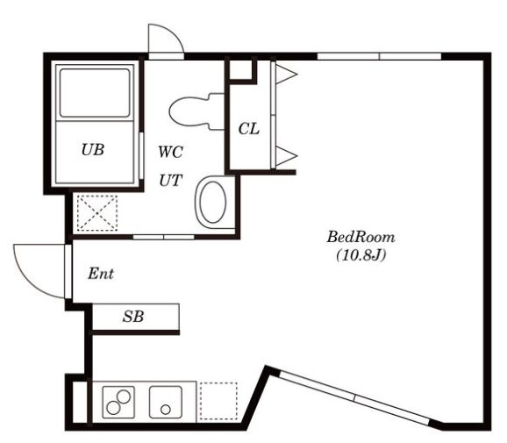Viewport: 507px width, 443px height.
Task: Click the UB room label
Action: [93, 150]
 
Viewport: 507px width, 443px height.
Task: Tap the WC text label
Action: [171, 152]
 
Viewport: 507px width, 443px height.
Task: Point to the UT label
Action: [171, 181]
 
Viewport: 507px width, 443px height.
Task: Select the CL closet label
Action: [249, 129]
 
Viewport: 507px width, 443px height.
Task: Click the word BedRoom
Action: [361, 237]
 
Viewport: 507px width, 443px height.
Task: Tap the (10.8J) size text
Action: [361, 255]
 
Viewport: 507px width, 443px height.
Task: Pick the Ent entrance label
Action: [101, 274]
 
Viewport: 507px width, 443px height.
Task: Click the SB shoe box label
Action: [133, 317]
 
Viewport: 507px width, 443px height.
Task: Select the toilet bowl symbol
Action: [196, 111]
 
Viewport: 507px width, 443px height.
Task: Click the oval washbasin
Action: [212, 202]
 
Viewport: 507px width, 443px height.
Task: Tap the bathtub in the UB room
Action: [95, 93]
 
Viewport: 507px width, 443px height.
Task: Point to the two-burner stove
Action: [118, 403]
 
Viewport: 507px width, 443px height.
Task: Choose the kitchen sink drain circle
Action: [166, 410]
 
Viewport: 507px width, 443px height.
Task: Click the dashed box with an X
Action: [97, 213]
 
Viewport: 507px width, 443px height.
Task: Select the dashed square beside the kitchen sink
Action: [218, 401]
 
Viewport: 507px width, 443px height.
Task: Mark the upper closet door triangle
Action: [286, 75]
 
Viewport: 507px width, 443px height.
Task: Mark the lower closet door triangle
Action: [286, 156]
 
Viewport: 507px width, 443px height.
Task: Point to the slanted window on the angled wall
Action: [355, 398]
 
